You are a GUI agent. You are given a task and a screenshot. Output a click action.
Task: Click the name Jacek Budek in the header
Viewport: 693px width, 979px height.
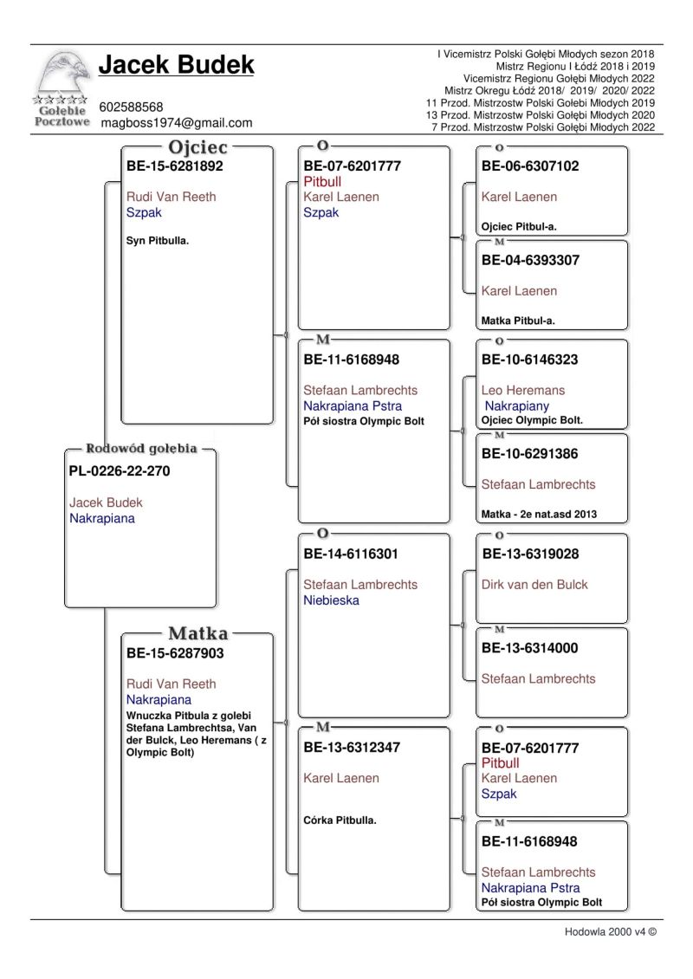pyautogui.click(x=176, y=65)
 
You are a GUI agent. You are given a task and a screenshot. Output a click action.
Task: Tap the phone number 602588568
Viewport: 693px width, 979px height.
pyautogui.click(x=131, y=107)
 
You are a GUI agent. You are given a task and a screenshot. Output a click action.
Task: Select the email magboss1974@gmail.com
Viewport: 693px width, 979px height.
pyautogui.click(x=176, y=123)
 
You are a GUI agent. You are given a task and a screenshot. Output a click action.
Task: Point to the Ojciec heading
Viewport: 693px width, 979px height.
pyautogui.click(x=198, y=148)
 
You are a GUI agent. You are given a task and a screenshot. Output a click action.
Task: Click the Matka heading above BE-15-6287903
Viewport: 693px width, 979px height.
pyautogui.click(x=198, y=634)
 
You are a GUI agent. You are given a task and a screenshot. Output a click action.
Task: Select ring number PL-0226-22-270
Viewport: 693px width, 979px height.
pyautogui.click(x=119, y=472)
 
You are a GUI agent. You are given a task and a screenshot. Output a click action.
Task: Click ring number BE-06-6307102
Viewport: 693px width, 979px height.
pyautogui.click(x=530, y=166)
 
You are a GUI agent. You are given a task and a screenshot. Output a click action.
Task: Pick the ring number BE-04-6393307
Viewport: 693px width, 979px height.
pyautogui.click(x=530, y=260)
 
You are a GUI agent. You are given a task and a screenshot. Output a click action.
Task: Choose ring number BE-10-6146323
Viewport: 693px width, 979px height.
pyautogui.click(x=530, y=360)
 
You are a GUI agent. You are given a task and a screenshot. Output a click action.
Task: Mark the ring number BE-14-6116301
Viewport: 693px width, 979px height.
pyautogui.click(x=352, y=554)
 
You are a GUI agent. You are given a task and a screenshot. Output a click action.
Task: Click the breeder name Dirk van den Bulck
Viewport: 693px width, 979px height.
pyautogui.click(x=534, y=585)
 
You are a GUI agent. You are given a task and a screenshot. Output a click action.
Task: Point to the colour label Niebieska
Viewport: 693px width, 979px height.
pyautogui.click(x=331, y=600)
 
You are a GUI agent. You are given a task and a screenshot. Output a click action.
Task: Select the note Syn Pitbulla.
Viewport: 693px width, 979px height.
pyautogui.click(x=158, y=241)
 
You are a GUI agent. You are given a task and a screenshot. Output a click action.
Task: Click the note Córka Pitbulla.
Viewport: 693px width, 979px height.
pyautogui.click(x=340, y=820)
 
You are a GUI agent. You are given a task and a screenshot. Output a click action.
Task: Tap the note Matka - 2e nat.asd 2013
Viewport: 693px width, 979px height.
pyautogui.click(x=539, y=515)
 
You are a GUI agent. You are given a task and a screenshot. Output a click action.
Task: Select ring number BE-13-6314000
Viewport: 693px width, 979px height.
pyautogui.click(x=530, y=648)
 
